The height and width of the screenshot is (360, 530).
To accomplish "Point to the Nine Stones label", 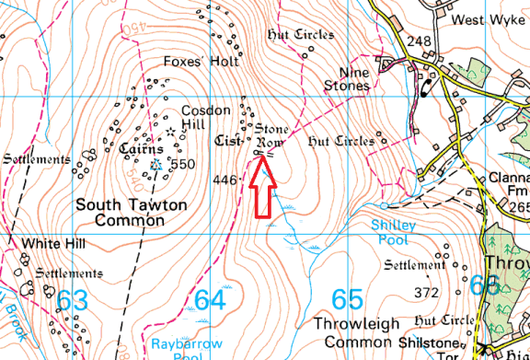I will tap(348, 79).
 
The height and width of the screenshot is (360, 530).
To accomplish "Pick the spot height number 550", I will tap(183, 165).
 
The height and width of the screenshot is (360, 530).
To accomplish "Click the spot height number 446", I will tap(225, 180).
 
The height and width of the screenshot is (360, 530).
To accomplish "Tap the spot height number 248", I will tap(419, 41).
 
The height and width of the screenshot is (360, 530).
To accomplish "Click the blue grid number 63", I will tap(74, 299).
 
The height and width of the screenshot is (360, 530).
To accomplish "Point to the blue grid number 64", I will tap(210, 299).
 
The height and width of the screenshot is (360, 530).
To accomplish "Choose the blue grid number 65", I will tap(347, 299).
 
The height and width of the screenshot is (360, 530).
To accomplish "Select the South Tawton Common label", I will tap(121, 212).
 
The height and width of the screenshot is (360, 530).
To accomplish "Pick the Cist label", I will tap(225, 142).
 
